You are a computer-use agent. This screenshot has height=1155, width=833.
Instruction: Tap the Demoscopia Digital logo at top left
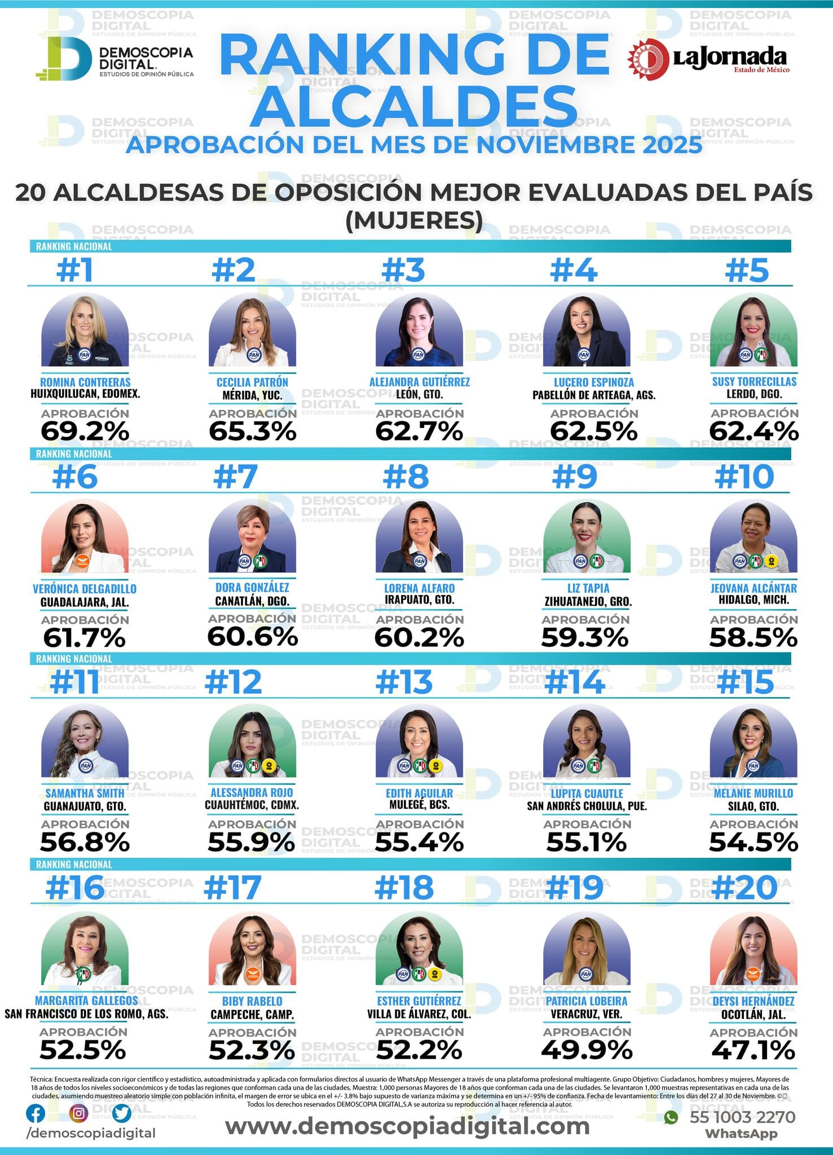coord(114,59)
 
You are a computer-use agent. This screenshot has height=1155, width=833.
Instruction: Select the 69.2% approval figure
coord(85,431)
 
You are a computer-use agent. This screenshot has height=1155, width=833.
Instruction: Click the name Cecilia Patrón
coord(252,382)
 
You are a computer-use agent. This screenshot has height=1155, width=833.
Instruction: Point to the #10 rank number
coord(744,477)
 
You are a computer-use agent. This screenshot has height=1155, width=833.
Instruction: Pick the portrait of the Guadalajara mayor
coord(85,536)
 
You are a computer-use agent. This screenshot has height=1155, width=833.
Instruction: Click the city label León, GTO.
coord(419,394)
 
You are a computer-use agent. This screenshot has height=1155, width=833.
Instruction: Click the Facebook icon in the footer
coord(36,1113)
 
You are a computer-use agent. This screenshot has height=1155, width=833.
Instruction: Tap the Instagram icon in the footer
coord(79,1113)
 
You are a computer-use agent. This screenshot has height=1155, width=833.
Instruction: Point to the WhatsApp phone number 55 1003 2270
coord(742,1117)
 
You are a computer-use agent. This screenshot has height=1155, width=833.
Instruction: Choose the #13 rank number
coord(404,682)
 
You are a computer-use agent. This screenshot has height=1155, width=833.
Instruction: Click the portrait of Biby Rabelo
coord(252,949)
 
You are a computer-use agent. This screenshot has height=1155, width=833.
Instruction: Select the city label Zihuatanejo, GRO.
coord(588,601)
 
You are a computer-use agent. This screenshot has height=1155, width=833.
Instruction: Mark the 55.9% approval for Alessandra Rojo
coord(252,842)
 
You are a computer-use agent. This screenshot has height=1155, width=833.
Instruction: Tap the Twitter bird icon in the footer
coord(121,1113)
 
